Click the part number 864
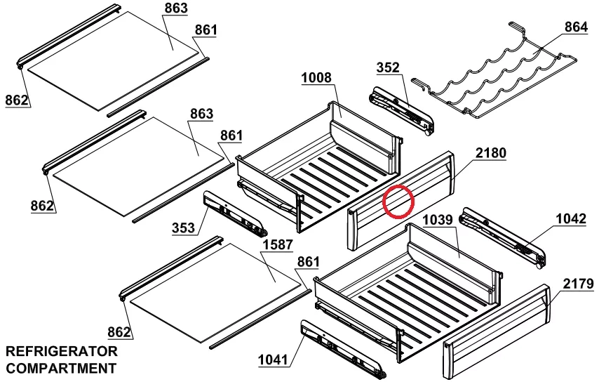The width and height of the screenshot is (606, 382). [x=576, y=27]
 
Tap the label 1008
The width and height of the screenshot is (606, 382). [x=316, y=78]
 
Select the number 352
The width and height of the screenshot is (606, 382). [x=388, y=67]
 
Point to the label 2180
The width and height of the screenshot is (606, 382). [x=490, y=153]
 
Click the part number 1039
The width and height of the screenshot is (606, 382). [x=438, y=220]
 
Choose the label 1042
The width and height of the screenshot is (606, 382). [x=571, y=218]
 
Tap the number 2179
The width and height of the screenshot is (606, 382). [x=578, y=284]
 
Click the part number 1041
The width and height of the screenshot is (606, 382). [x=273, y=360]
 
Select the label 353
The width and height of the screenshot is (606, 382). [x=183, y=228]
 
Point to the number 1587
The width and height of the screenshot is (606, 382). [x=278, y=244]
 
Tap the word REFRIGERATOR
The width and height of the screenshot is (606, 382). [x=62, y=351]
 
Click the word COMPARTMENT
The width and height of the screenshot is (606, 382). [x=61, y=368]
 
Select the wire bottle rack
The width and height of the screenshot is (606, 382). [x=494, y=73]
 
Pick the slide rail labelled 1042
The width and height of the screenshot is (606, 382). [x=502, y=237]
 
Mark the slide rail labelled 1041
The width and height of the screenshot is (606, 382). [x=343, y=349]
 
